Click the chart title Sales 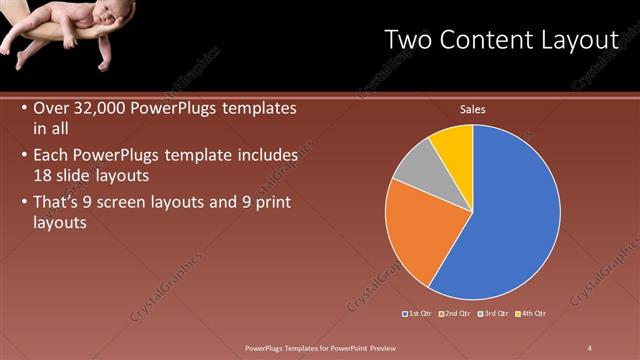(472, 109)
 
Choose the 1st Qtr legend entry (418, 313)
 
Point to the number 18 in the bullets (44, 174)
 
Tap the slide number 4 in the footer (591, 348)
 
